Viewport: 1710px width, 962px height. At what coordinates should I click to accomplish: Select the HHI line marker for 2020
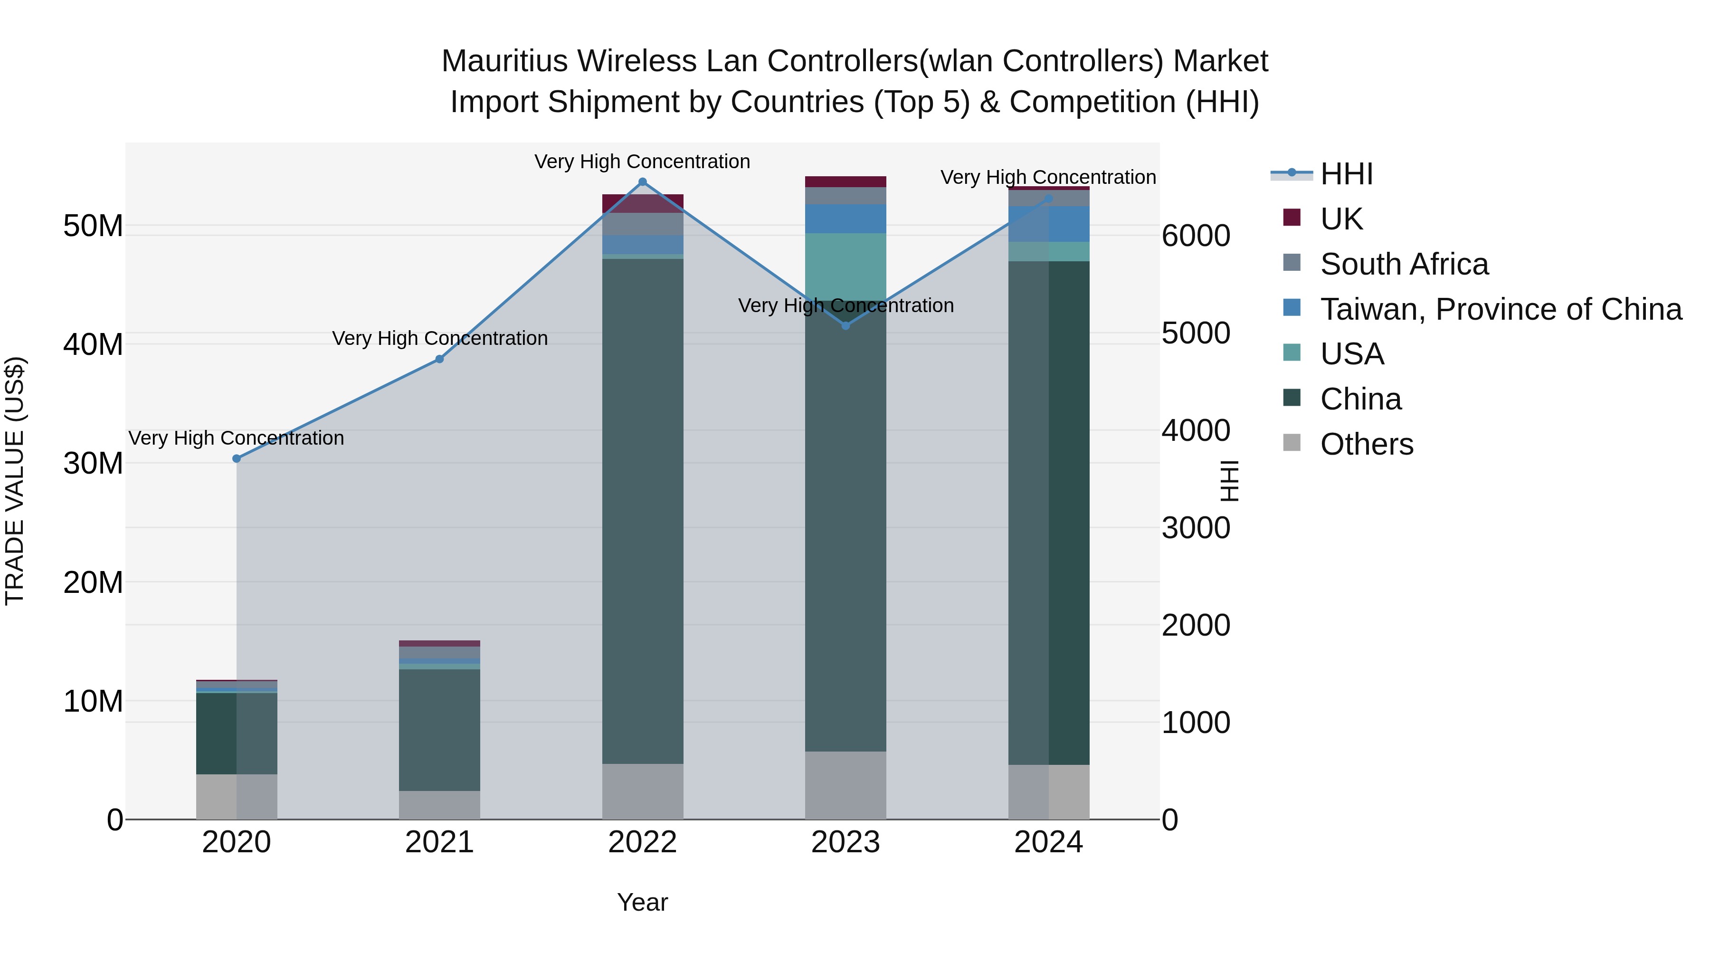click(237, 459)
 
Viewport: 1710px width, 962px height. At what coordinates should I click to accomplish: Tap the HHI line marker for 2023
click(845, 326)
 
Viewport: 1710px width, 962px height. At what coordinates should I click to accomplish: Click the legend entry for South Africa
click(1404, 264)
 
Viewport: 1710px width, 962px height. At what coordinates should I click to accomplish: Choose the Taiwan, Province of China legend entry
click(1500, 309)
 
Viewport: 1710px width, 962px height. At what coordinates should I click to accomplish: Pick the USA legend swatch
click(1292, 352)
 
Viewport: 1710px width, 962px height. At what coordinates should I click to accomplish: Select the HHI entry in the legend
click(1346, 174)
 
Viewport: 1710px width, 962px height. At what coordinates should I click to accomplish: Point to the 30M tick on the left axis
click(93, 463)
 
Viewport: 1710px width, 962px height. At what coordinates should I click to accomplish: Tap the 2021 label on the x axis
click(439, 842)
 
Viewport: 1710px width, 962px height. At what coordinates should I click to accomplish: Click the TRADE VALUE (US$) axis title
click(15, 481)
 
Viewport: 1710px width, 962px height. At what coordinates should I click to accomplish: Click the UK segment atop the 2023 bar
click(845, 182)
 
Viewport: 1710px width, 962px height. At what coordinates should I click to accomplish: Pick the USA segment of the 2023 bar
click(845, 266)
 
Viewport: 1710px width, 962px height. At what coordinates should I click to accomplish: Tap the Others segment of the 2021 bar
click(439, 805)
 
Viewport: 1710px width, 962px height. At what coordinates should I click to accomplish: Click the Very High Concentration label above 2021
click(439, 339)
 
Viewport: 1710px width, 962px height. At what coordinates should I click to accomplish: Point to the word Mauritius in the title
click(504, 61)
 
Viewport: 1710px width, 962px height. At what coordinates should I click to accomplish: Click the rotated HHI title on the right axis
click(1229, 481)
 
